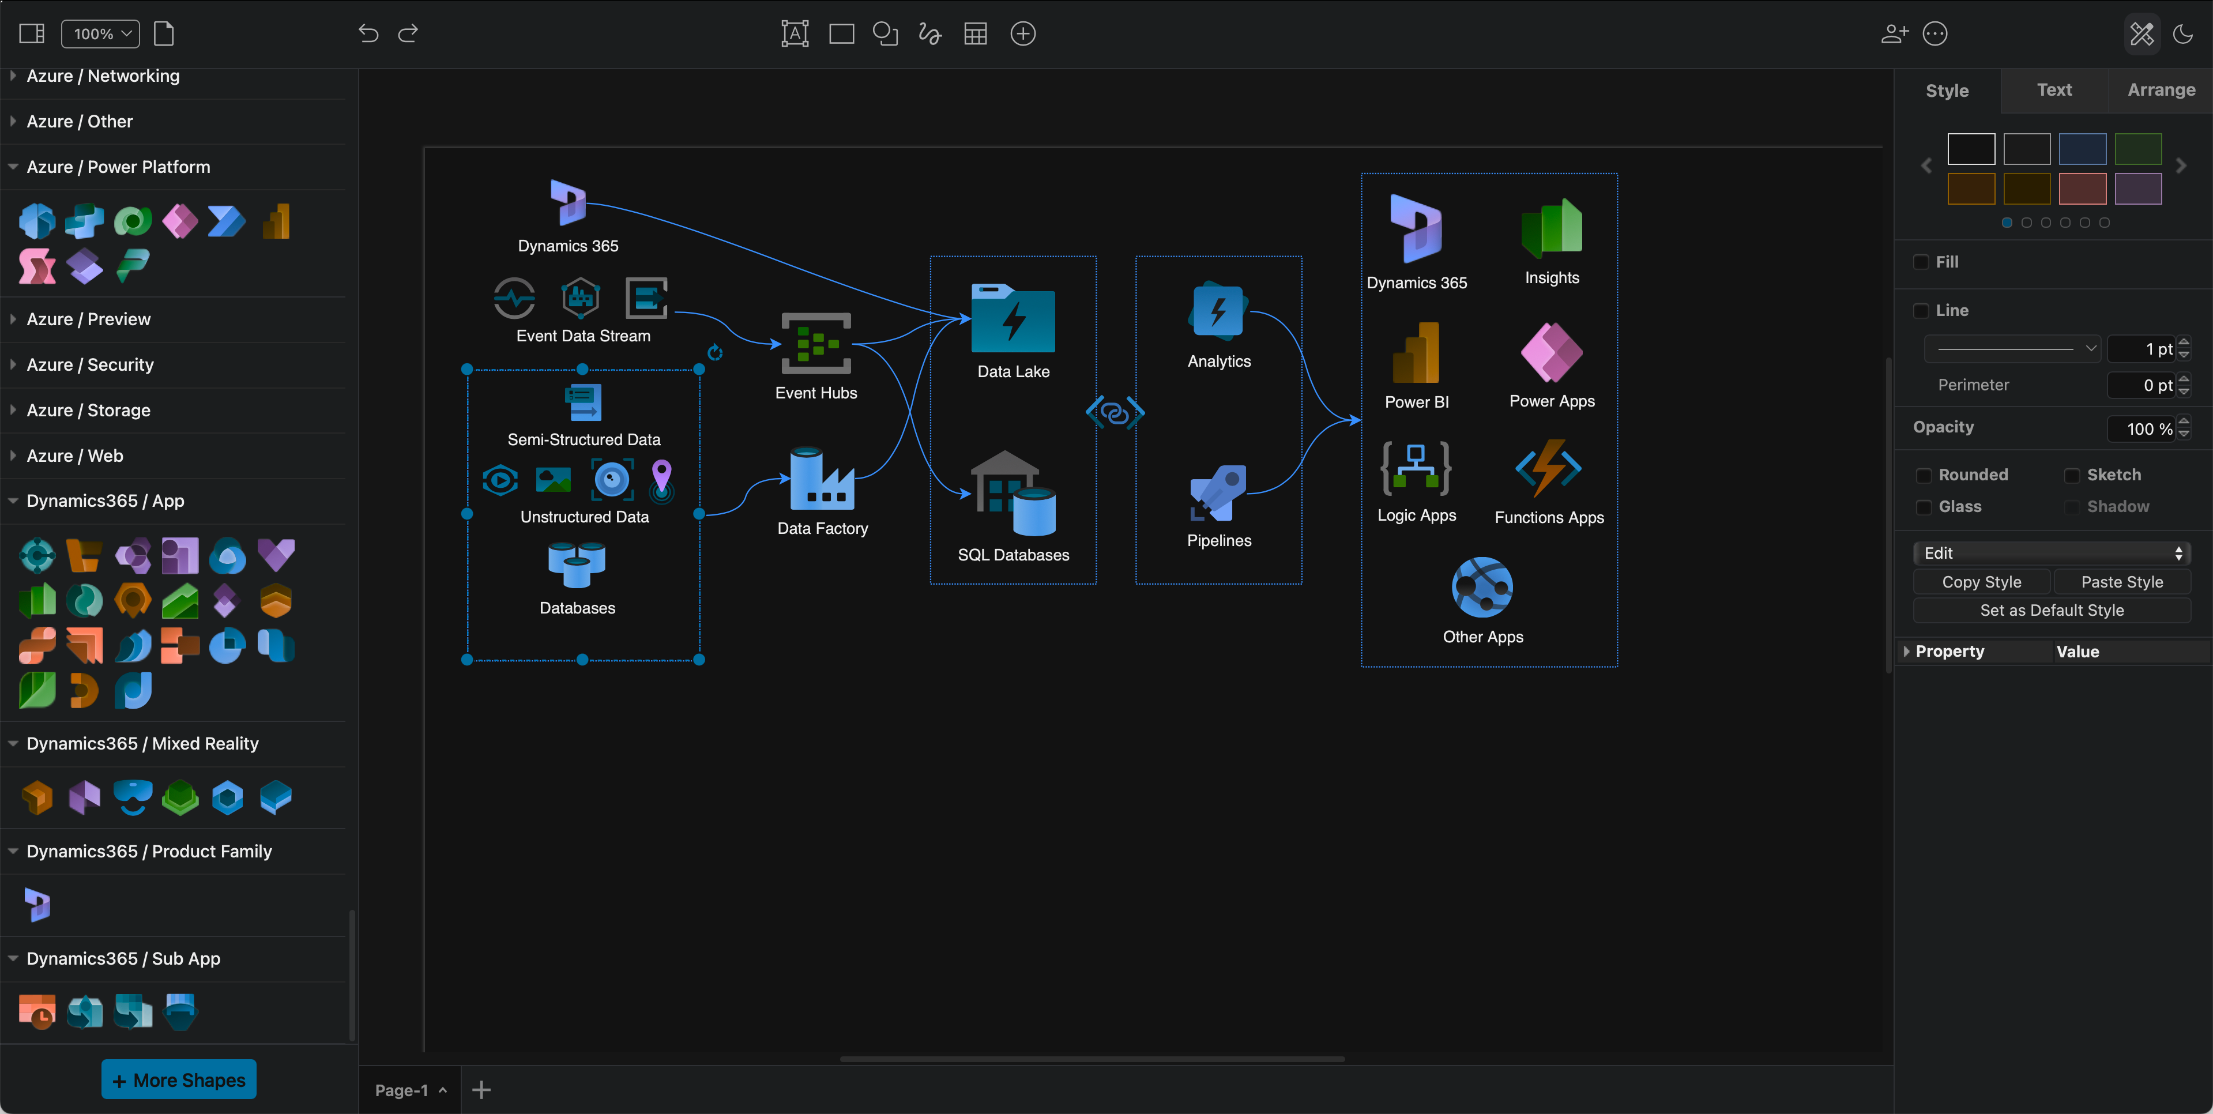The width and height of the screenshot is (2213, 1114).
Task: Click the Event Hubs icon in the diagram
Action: (x=815, y=344)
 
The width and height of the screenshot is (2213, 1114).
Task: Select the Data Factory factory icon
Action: (x=821, y=480)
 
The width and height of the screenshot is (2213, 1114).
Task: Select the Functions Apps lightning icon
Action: (x=1548, y=469)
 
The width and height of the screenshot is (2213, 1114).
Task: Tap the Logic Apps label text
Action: (x=1416, y=515)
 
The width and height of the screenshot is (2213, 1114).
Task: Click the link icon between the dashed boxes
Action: (x=1115, y=413)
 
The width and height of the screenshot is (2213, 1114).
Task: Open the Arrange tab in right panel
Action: (x=2161, y=90)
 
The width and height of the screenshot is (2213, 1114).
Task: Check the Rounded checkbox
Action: (x=1924, y=475)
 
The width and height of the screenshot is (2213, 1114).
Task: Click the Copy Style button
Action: (x=1981, y=582)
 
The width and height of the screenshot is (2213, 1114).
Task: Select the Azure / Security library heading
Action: (x=90, y=365)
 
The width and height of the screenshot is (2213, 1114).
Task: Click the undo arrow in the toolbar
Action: (x=368, y=33)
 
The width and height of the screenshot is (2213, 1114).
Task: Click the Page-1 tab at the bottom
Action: (x=402, y=1090)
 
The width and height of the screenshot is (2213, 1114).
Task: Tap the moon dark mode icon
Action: (x=2183, y=33)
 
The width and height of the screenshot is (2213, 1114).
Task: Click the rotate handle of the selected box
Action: (x=715, y=352)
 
